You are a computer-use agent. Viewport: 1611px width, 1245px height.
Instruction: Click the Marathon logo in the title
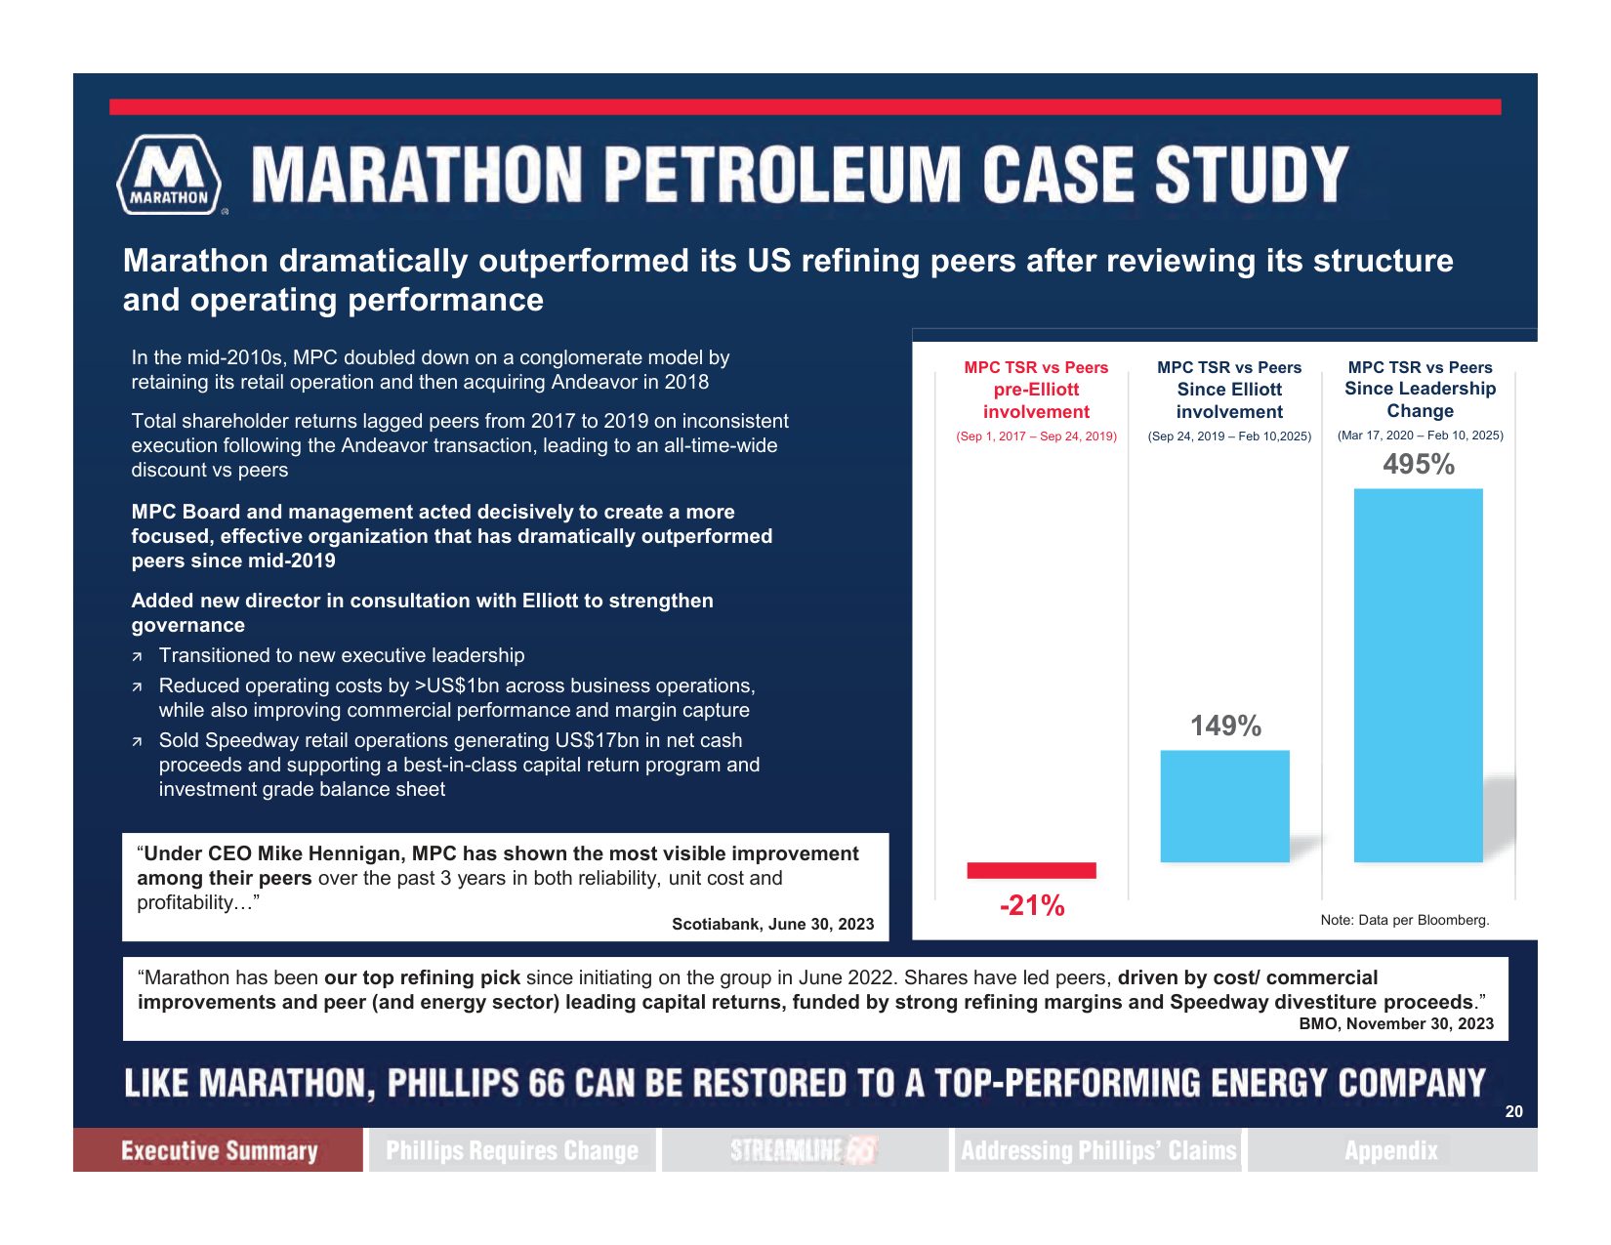click(x=169, y=175)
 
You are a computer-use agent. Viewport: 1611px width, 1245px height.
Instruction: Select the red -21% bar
click(x=1031, y=871)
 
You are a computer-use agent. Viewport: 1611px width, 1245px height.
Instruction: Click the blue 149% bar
click(x=1224, y=806)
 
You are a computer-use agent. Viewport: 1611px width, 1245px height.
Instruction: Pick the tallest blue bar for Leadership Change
click(x=1419, y=675)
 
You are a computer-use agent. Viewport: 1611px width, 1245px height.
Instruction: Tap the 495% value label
click(x=1419, y=465)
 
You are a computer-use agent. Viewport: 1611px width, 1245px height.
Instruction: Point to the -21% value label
click(x=1032, y=905)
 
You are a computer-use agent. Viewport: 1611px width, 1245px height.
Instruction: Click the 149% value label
click(x=1225, y=726)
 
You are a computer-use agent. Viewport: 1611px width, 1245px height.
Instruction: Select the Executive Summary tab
click(x=219, y=1150)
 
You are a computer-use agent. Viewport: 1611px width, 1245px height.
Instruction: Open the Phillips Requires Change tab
click(x=513, y=1150)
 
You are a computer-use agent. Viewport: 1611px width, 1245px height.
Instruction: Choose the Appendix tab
click(x=1392, y=1150)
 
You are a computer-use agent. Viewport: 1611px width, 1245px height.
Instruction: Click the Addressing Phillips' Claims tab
click(x=1098, y=1150)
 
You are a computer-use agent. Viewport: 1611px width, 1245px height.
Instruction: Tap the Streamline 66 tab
click(x=805, y=1150)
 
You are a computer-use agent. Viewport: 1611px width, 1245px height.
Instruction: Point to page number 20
click(x=1514, y=1111)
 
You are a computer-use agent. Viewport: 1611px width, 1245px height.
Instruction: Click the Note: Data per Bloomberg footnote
click(x=1405, y=920)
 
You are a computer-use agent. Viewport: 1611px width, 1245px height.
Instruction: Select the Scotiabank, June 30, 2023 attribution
click(x=773, y=924)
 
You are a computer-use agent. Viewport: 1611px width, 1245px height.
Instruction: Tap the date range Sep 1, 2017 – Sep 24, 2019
click(x=1037, y=436)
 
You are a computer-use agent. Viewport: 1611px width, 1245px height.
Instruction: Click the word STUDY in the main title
click(x=1252, y=175)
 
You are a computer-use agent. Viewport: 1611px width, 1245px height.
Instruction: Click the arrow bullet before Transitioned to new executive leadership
click(x=137, y=657)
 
